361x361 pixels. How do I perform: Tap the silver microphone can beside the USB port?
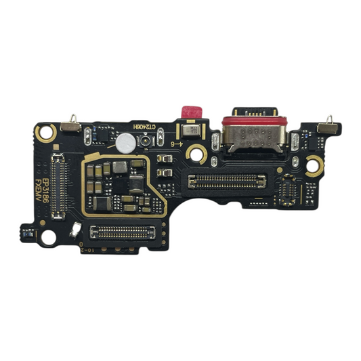[186, 130]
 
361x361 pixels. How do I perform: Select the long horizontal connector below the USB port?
[226, 181]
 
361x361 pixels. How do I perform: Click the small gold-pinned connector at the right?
[289, 190]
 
